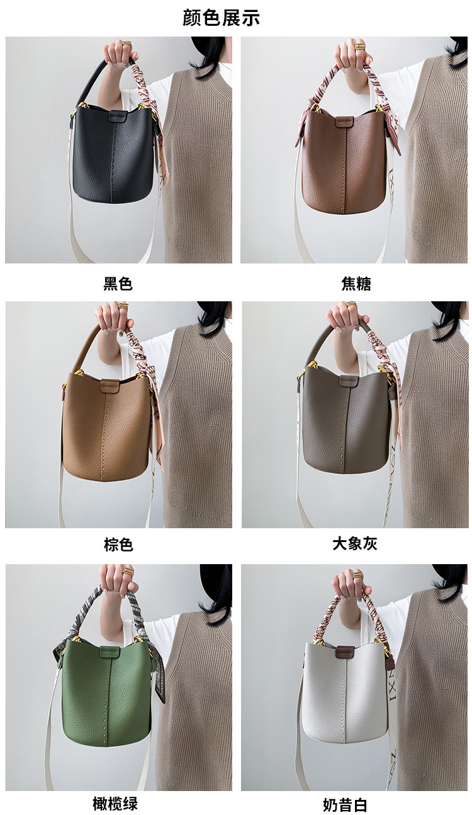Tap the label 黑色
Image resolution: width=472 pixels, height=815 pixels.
pyautogui.click(x=118, y=284)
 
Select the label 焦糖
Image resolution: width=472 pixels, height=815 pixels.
pyautogui.click(x=356, y=284)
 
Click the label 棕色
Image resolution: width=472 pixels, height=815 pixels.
pyautogui.click(x=118, y=545)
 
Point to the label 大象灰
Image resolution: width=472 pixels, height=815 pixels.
pyautogui.click(x=355, y=543)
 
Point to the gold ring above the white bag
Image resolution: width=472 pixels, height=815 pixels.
pyautogui.click(x=357, y=575)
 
